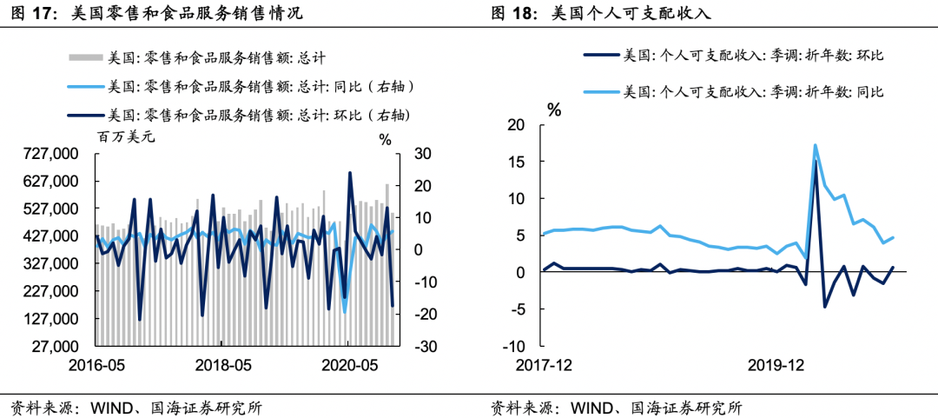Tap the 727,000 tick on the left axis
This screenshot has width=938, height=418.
click(x=50, y=154)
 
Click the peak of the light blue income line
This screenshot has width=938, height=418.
click(x=815, y=145)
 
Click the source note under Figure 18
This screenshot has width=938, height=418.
click(x=617, y=408)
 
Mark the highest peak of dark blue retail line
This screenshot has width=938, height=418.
click(x=349, y=172)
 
